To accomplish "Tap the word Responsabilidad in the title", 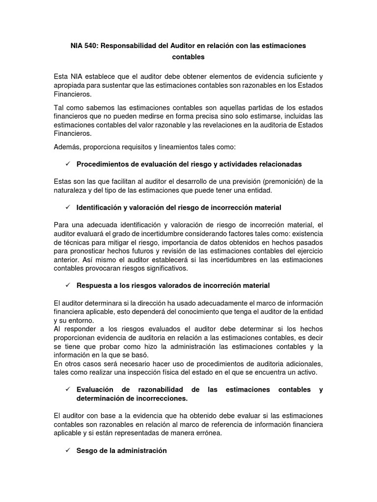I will click(133, 45).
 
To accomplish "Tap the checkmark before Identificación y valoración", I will click(67, 207).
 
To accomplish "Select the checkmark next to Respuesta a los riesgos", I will click(67, 285).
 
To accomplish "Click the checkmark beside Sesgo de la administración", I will click(67, 451).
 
